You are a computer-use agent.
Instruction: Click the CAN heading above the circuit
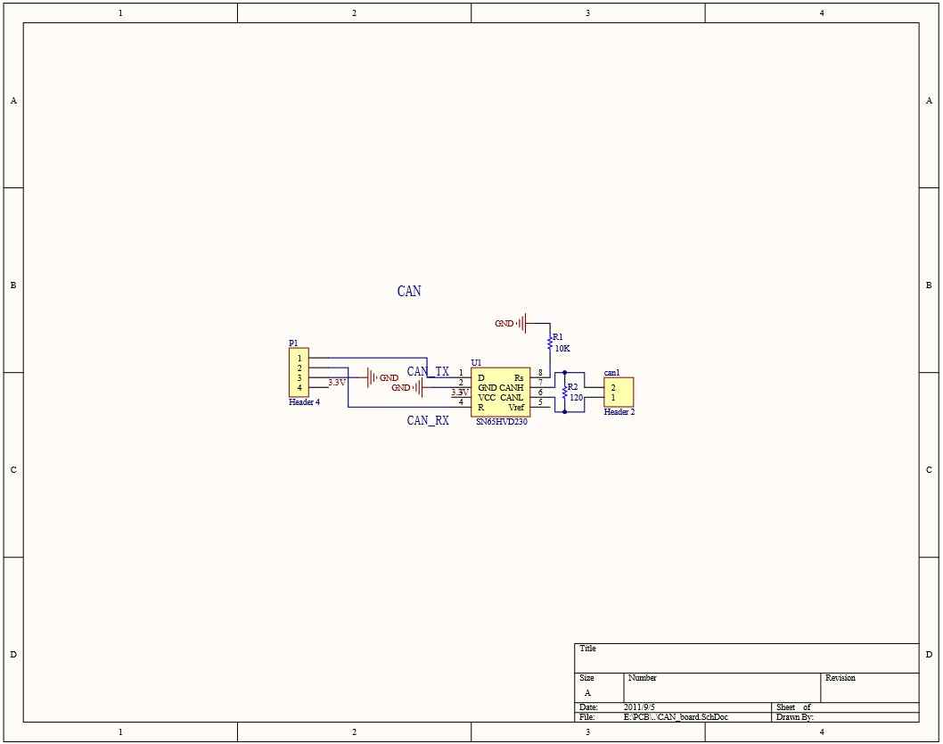[409, 292]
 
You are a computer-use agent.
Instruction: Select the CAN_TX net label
[428, 371]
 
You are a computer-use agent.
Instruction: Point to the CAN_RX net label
[428, 420]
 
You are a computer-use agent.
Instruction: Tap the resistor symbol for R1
[550, 343]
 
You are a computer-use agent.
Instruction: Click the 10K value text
[562, 349]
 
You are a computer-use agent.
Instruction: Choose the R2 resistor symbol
[565, 392]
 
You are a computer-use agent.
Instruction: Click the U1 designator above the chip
[476, 362]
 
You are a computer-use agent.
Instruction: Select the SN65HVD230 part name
[502, 422]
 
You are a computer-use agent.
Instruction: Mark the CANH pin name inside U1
[512, 388]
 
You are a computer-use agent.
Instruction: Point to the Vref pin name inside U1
[516, 408]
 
